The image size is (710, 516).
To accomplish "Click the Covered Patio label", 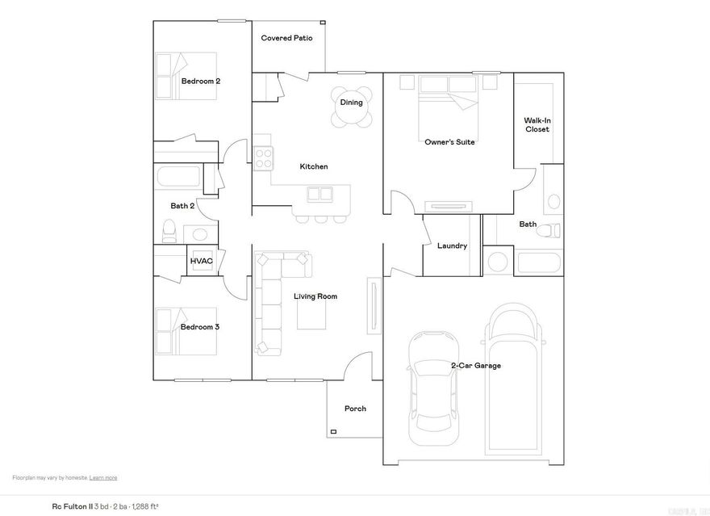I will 286,38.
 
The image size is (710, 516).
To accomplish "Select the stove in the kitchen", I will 264,158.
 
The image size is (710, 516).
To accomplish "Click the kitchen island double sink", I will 320,193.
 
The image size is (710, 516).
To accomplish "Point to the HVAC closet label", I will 201,262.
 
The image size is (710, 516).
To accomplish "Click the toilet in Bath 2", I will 169,232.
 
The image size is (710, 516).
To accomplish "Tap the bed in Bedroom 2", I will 187,75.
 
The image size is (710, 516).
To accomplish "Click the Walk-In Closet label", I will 537,124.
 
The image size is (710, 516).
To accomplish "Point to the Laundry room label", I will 452,245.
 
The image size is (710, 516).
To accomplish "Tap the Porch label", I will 355,409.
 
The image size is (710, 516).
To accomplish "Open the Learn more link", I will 103,477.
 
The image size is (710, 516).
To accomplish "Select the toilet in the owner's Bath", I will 549,231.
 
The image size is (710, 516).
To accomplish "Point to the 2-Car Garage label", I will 475,366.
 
